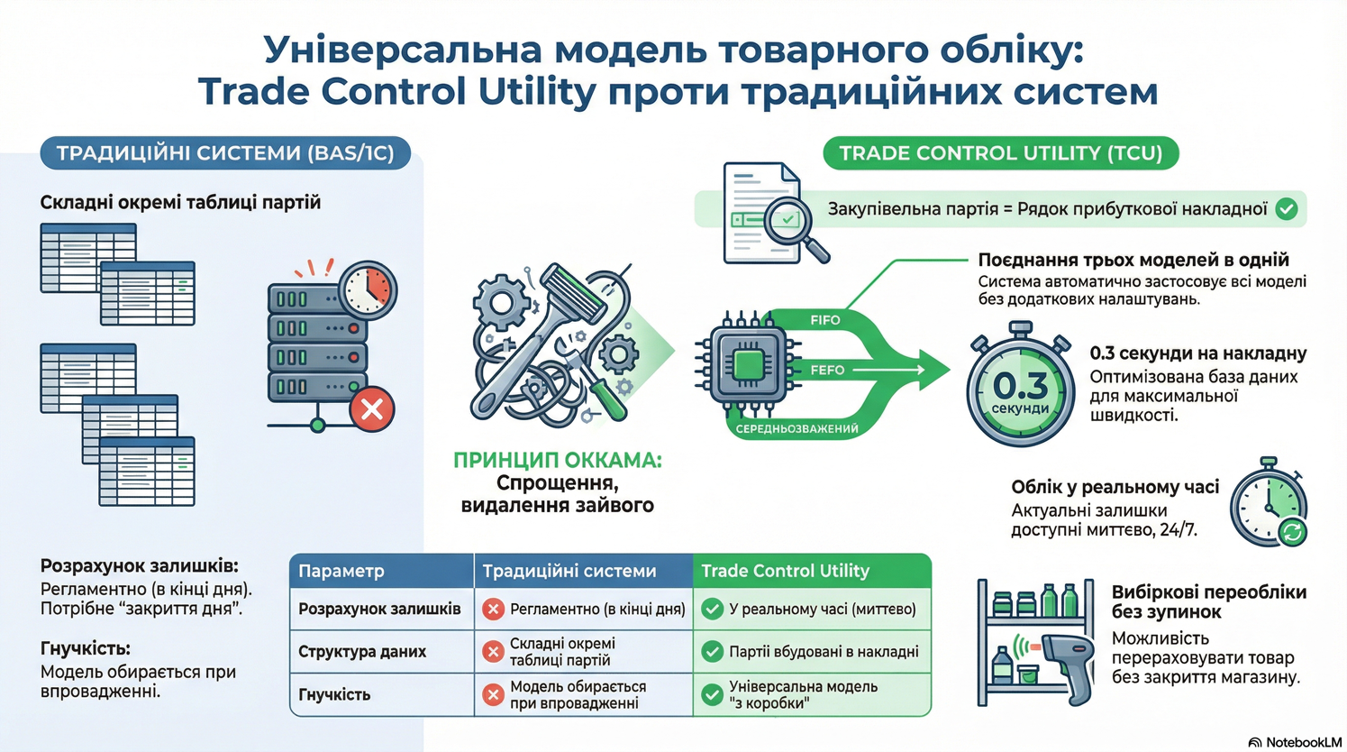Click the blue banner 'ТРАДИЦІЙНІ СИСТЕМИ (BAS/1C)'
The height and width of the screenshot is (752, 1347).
[225, 153]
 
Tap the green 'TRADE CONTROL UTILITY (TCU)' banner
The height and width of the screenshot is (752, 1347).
[1000, 153]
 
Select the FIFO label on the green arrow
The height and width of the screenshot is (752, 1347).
[824, 320]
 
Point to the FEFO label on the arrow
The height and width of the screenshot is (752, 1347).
[827, 370]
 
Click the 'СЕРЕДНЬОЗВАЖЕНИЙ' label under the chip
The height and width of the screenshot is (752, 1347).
[796, 428]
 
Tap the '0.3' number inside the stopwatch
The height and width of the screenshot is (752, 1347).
[1020, 385]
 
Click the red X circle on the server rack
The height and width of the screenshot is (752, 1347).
[371, 409]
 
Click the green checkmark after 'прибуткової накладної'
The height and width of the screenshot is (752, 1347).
[1287, 209]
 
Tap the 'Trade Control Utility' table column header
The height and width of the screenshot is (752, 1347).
[785, 571]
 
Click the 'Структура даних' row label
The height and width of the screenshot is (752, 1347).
[362, 651]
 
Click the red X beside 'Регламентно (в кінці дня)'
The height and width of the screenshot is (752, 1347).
[493, 609]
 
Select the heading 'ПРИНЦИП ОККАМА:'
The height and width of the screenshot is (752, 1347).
[557, 460]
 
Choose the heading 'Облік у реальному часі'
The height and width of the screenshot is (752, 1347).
[1115, 487]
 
